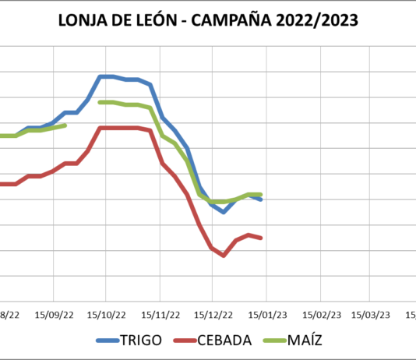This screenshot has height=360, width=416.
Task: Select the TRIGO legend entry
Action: [141, 340]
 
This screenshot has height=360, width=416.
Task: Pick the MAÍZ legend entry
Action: [305, 340]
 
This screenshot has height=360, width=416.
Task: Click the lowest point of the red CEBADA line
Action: [224, 256]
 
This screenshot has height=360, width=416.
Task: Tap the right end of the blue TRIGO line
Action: [261, 200]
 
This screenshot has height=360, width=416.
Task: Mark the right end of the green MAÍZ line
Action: [261, 194]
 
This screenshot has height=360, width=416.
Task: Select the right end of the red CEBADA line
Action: [261, 238]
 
